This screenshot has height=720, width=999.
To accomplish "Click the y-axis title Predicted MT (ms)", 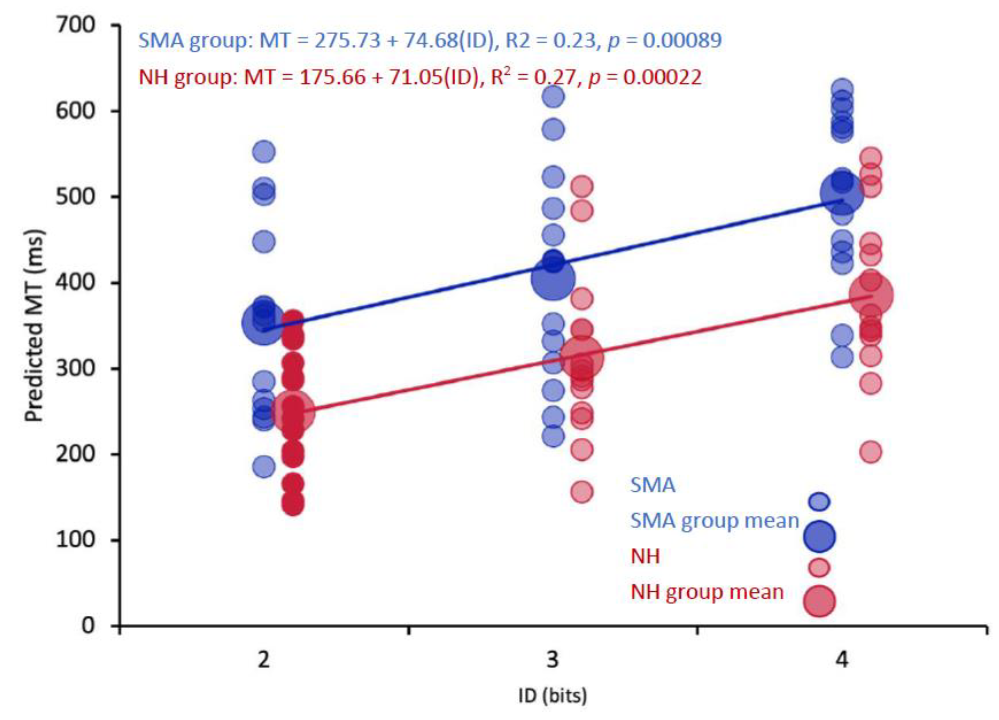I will click(x=34, y=326).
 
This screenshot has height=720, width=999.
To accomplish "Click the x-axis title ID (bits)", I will click(x=553, y=696).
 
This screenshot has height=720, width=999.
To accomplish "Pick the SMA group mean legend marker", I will click(x=819, y=536).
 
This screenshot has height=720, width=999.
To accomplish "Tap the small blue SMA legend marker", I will click(x=819, y=501).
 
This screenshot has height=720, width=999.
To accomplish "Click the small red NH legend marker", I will click(x=819, y=567).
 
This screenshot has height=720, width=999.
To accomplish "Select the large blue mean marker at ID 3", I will click(x=553, y=279).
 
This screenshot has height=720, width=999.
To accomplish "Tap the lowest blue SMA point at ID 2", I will click(x=263, y=466).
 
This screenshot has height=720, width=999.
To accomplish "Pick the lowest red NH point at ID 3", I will click(x=581, y=492).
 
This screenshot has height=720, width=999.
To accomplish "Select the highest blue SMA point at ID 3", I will click(x=553, y=97).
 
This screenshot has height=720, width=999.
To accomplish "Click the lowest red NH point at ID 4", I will click(x=871, y=452).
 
